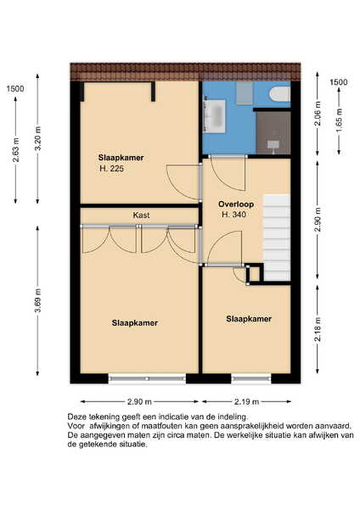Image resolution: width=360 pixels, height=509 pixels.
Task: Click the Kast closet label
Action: (x=141, y=215)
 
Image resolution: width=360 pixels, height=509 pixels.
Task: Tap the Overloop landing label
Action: (x=236, y=204)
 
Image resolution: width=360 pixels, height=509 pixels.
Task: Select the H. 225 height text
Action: (x=111, y=169)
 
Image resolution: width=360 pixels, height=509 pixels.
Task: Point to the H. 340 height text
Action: (x=233, y=215)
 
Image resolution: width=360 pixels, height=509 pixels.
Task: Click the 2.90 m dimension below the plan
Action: (x=139, y=402)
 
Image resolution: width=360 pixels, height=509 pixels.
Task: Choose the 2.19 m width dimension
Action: (x=246, y=402)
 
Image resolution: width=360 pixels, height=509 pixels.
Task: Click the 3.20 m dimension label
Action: (x=37, y=138)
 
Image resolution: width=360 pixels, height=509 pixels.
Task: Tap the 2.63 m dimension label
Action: (x=16, y=149)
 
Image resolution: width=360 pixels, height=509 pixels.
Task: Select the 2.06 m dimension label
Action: (x=318, y=114)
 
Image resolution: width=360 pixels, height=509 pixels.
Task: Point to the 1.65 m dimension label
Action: (x=340, y=120)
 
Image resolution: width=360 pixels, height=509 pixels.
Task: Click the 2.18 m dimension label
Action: (x=318, y=329)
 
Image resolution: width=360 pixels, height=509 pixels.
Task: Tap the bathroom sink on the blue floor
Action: (x=214, y=116)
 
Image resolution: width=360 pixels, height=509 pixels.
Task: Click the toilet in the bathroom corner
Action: (x=279, y=94)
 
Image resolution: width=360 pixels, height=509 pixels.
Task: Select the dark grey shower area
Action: (x=273, y=133)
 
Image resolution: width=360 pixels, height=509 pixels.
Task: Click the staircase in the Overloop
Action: (x=277, y=238)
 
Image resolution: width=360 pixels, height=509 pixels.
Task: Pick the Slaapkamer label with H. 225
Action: (x=121, y=158)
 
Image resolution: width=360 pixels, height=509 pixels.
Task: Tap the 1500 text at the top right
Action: (x=339, y=82)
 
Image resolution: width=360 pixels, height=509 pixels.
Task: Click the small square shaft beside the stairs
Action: (x=255, y=274)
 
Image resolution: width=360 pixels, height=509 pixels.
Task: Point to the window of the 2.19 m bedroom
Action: (x=251, y=378)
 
